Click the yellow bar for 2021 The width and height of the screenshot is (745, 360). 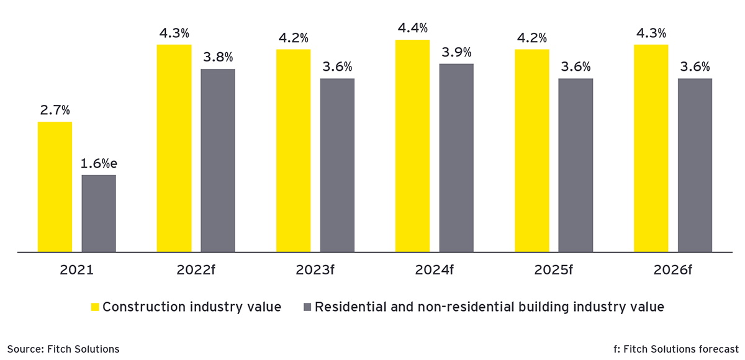pyautogui.click(x=55, y=187)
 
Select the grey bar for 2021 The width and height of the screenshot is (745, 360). pyautogui.click(x=98, y=214)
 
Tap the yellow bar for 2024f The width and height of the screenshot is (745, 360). pyautogui.click(x=412, y=146)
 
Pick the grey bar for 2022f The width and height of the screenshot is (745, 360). pyautogui.click(x=217, y=160)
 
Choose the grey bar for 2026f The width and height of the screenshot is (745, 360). pyautogui.click(x=695, y=165)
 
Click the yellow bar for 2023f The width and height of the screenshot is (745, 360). pyautogui.click(x=293, y=151)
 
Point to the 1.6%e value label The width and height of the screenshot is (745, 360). pyautogui.click(x=99, y=164)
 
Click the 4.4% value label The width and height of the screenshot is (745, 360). pyautogui.click(x=413, y=29)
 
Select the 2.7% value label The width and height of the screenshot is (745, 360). pyautogui.click(x=55, y=110)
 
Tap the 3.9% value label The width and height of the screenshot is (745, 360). pyautogui.click(x=456, y=52)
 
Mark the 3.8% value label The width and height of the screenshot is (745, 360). pyautogui.click(x=218, y=58)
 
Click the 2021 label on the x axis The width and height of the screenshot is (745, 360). pyautogui.click(x=76, y=271)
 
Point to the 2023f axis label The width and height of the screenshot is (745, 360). pyautogui.click(x=315, y=271)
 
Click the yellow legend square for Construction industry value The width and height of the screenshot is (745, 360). pyautogui.click(x=95, y=307)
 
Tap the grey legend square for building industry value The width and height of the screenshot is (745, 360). pyautogui.click(x=307, y=307)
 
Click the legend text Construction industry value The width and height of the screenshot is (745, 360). pyautogui.click(x=192, y=307)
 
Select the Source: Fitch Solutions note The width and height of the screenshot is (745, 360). pyautogui.click(x=63, y=349)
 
